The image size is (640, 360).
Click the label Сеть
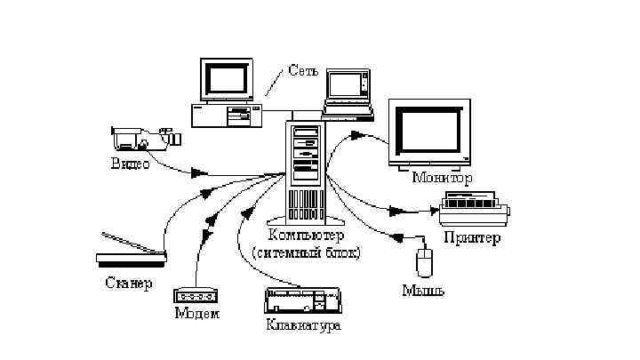tap(303, 71)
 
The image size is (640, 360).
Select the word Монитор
tap(442, 178)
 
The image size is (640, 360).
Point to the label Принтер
tap(472, 237)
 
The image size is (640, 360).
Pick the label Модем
tap(196, 313)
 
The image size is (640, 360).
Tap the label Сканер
tap(129, 284)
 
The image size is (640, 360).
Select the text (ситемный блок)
tap(306, 252)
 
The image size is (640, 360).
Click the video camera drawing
tap(145, 138)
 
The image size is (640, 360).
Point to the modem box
tap(196, 295)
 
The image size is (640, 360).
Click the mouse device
tap(426, 262)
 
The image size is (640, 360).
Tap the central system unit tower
tap(305, 173)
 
